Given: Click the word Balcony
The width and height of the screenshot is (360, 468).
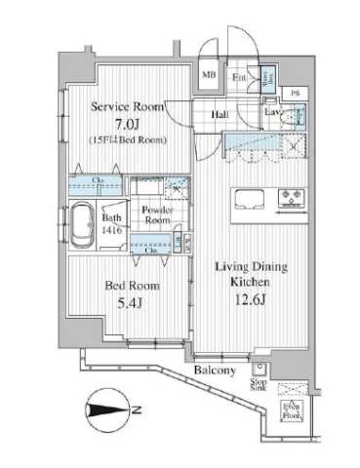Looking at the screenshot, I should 213,370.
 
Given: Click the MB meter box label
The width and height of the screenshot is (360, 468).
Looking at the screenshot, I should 210,74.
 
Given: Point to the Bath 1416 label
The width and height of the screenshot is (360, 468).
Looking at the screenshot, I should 112,224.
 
